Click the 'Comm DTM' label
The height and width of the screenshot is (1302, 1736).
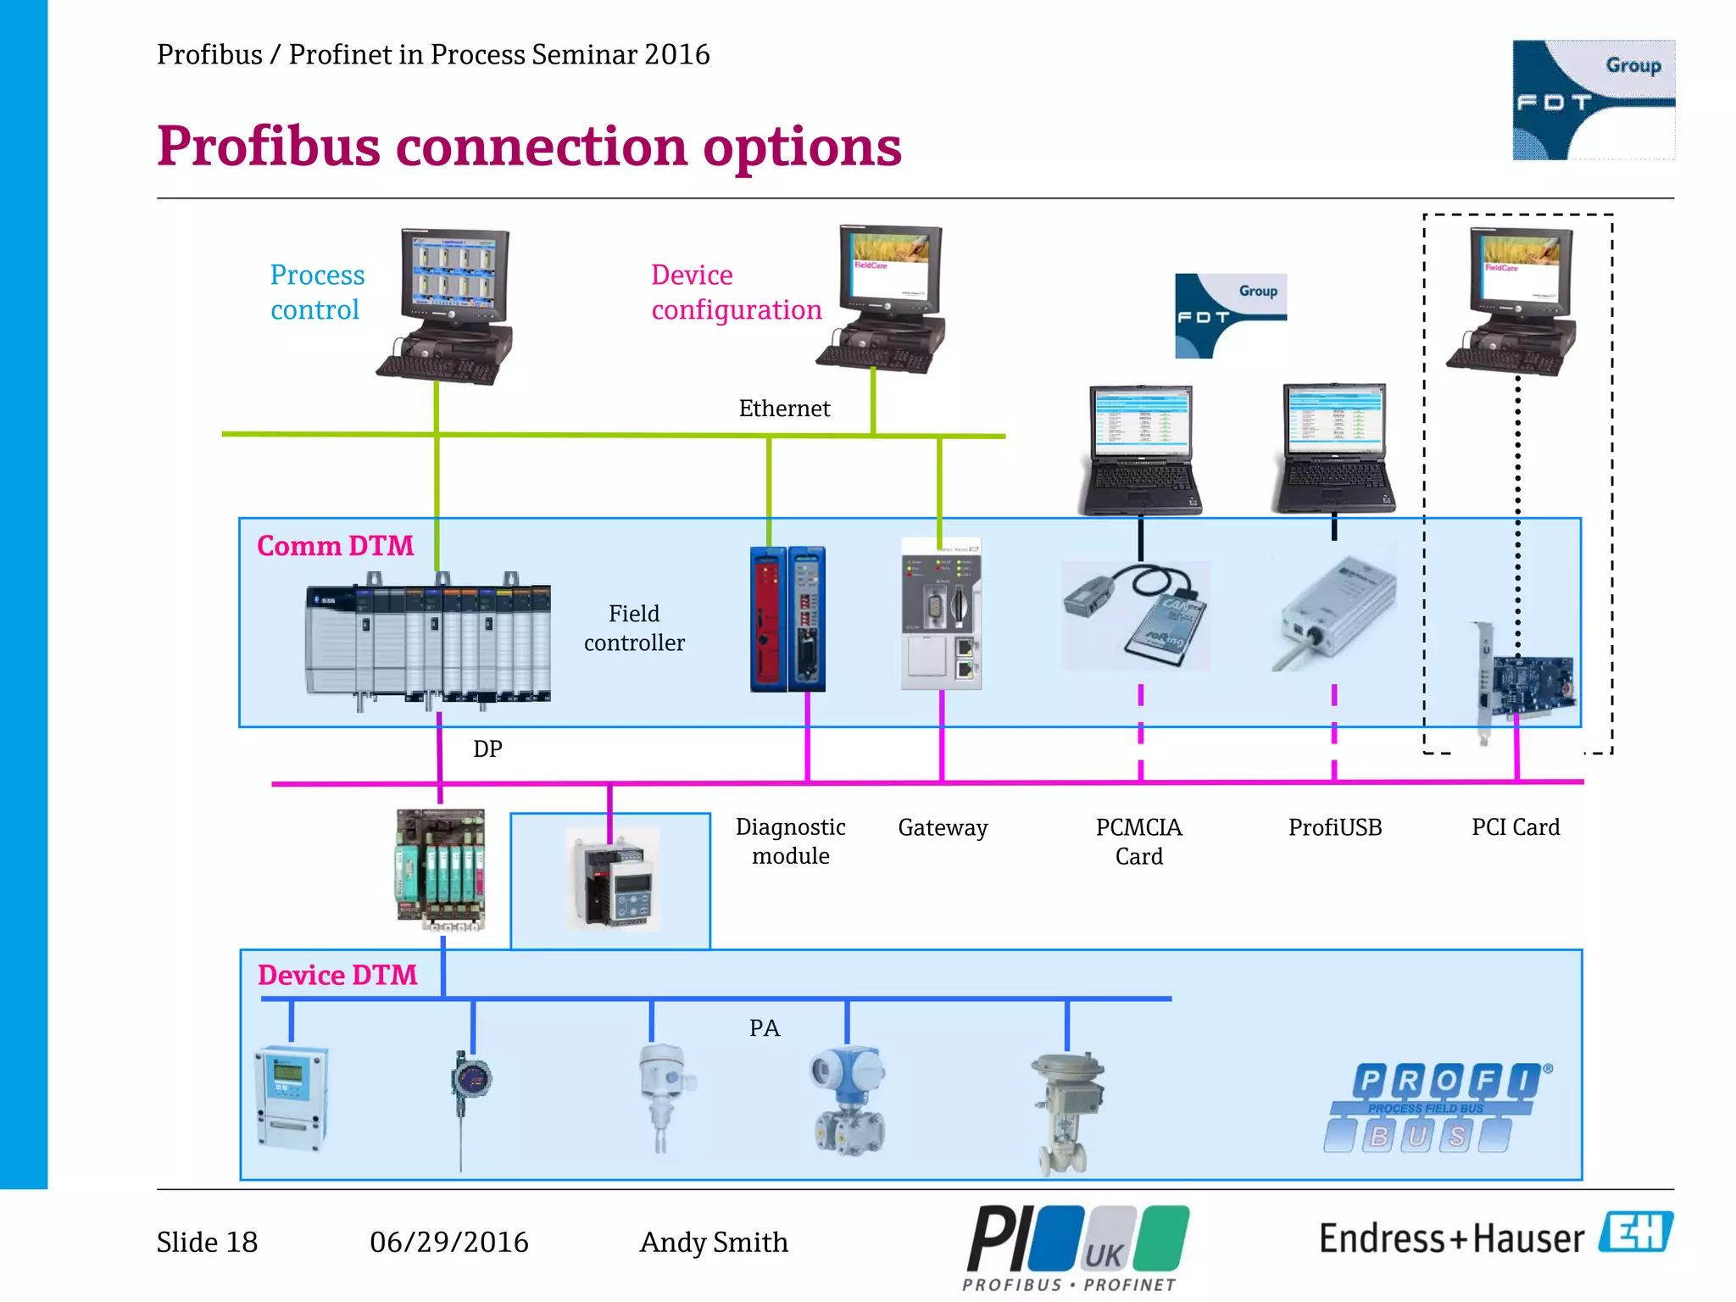coord(335,546)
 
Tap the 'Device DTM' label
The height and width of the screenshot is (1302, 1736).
coord(337,975)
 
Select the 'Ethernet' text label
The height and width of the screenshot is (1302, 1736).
coord(784,409)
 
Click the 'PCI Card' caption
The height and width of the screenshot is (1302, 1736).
coord(1516,827)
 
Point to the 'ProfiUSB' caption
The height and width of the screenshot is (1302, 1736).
coord(1335,827)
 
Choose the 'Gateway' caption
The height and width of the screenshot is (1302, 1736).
coord(943,827)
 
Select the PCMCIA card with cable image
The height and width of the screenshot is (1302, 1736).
coord(1138,615)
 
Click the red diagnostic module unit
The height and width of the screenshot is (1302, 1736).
coord(769,619)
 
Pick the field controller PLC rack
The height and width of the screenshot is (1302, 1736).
coord(428,641)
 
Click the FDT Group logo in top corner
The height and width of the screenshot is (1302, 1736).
coord(1593,100)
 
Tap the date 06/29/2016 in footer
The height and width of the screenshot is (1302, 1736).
coord(448,1242)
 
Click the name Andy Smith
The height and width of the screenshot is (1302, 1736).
coord(714,1242)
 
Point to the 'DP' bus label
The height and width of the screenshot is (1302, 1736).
coord(487,748)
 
